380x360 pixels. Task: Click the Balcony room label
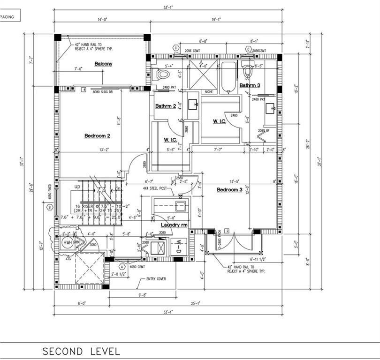coord(103,64)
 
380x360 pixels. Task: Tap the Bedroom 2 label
coord(97,136)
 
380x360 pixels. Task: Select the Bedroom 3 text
coord(229,190)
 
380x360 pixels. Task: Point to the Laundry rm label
coord(174,225)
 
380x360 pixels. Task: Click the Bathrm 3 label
coord(250,85)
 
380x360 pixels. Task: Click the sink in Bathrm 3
coord(271,109)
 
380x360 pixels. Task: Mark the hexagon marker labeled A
coord(122,266)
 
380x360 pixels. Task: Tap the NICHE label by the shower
coord(209,92)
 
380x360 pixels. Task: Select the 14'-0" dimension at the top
coord(102,20)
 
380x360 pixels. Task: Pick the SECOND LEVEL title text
coord(81,351)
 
